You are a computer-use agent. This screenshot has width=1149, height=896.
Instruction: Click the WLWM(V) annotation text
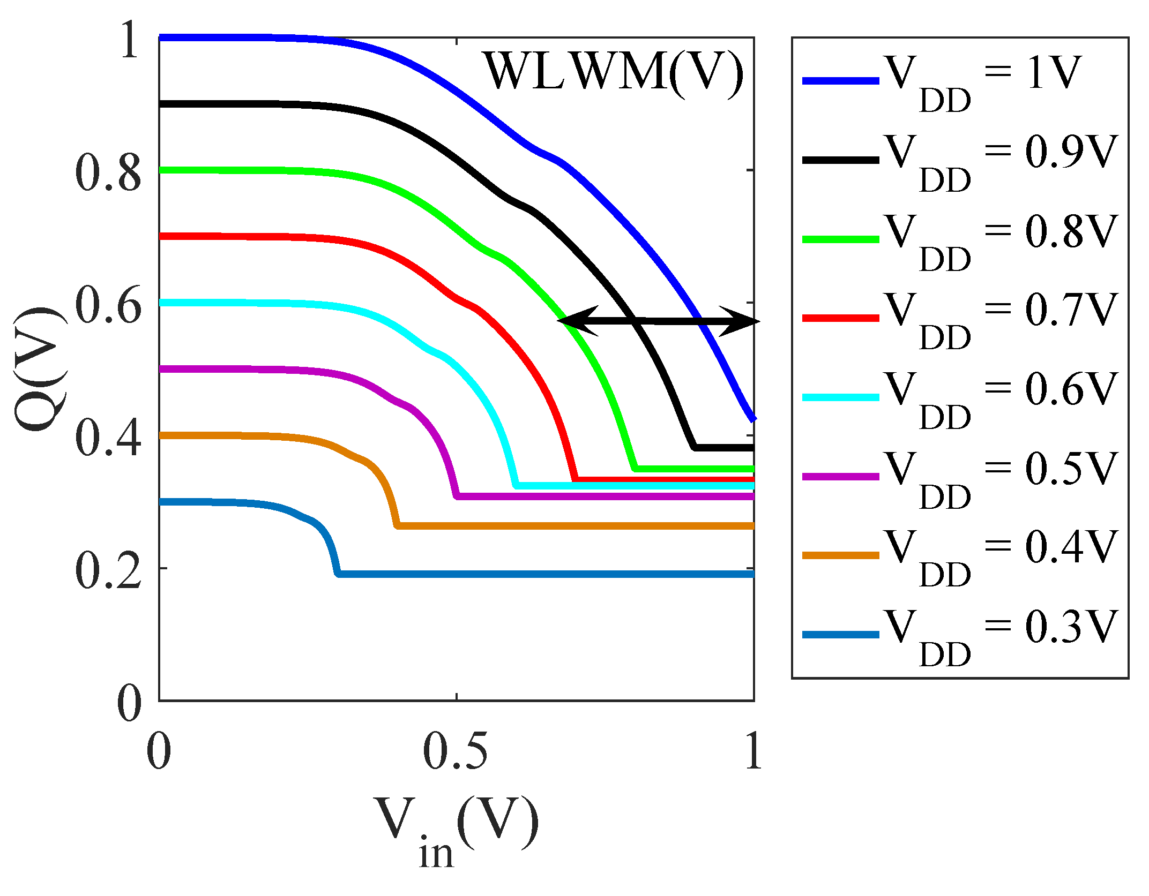614,72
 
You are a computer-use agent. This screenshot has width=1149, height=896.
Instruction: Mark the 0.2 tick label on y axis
108,570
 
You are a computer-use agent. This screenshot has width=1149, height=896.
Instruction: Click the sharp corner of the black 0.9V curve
695,447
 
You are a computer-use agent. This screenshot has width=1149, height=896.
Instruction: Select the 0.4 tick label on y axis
108,438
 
